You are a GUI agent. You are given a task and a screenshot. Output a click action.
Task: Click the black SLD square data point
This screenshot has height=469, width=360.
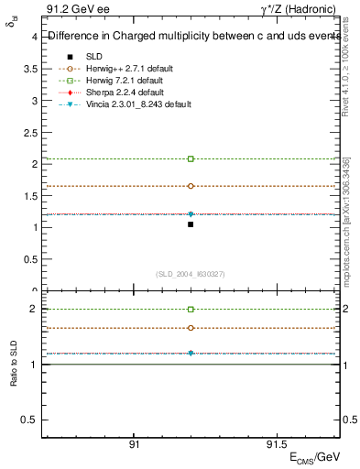(x=191, y=224)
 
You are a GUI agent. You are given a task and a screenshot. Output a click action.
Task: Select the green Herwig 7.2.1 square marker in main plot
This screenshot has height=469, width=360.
(x=191, y=158)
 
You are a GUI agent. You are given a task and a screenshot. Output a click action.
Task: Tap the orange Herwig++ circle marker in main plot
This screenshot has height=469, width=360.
(x=191, y=186)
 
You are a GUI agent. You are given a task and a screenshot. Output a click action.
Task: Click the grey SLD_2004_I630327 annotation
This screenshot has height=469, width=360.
(x=191, y=274)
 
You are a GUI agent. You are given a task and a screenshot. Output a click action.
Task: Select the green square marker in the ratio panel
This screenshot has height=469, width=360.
(x=191, y=310)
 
